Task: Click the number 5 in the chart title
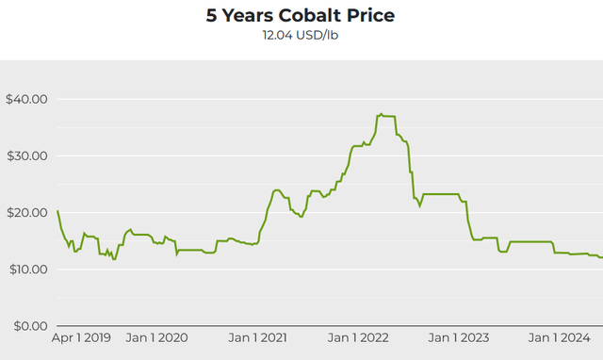[x=212, y=16]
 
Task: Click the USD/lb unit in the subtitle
[x=318, y=36]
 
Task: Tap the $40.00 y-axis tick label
[x=27, y=99]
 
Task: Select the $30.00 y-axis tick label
[x=27, y=155]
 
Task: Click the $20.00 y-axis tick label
[x=27, y=212]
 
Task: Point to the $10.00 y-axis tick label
[x=27, y=269]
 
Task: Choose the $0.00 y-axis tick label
[x=30, y=326]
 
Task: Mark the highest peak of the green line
[x=381, y=114]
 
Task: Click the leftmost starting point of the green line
[x=57, y=211]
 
